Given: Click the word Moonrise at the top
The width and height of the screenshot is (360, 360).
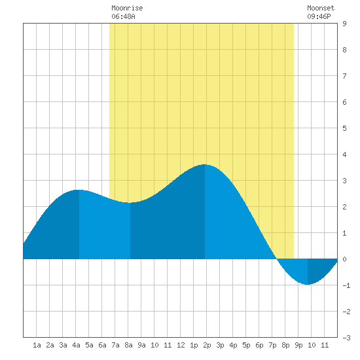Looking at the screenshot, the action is (x=127, y=8).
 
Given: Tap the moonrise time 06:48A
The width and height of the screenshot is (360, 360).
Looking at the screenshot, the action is (x=123, y=16).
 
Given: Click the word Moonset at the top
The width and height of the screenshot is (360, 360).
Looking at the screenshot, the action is (x=321, y=8).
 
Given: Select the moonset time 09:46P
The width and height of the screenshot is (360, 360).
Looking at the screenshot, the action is (x=319, y=16).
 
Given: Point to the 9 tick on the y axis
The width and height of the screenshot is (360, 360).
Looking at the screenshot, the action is (x=344, y=24).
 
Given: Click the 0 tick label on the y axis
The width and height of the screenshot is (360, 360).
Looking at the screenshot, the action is (x=344, y=259).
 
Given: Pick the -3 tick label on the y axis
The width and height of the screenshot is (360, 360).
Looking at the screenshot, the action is (x=346, y=338).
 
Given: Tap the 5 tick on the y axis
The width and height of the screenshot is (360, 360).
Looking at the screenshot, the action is (x=344, y=128).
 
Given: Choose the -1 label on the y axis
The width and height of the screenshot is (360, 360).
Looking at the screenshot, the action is (x=346, y=285).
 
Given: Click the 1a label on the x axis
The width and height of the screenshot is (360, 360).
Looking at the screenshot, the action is (x=37, y=345).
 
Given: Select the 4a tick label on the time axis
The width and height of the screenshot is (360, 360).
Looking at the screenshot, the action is (x=76, y=345).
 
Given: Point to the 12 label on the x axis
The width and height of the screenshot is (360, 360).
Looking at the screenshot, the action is (x=181, y=345).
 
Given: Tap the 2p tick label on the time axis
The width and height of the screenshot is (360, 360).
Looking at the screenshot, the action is (x=207, y=345).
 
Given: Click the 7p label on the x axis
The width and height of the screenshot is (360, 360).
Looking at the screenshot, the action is (x=272, y=345).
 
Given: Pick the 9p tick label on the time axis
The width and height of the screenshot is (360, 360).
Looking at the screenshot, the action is (x=298, y=345).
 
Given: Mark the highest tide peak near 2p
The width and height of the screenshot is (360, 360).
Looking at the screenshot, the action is (x=204, y=164).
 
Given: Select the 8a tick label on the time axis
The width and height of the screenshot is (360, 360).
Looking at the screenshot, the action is (x=128, y=345).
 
